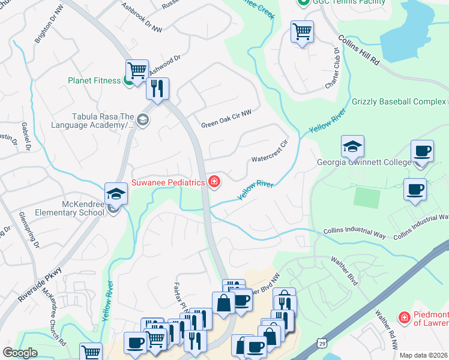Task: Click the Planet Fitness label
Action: [94, 80]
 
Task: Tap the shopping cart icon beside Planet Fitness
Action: [137, 70]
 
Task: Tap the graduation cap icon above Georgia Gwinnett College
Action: [352, 146]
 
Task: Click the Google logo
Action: [20, 353]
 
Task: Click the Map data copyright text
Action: [424, 355]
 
